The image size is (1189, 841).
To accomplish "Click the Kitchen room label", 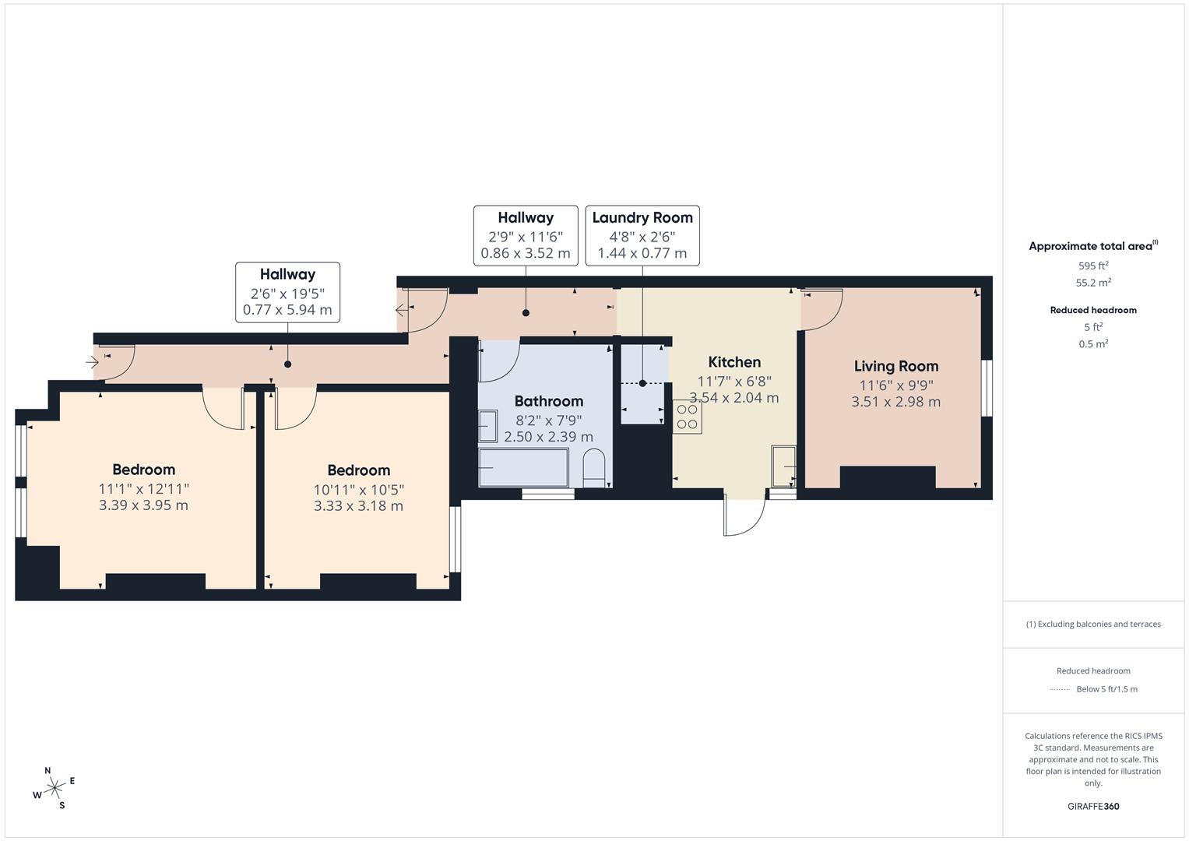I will tap(734, 362).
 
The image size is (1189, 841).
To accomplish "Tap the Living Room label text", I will tap(895, 366).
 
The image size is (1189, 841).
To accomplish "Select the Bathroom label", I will tap(548, 401).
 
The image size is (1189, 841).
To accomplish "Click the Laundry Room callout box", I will tap(642, 235).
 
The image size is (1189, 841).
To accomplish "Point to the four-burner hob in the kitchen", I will tap(687, 417).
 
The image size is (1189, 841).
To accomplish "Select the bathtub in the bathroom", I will tap(523, 467).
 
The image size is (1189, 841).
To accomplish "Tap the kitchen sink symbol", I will tap(783, 466).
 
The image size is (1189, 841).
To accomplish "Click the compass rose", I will tap(55, 789).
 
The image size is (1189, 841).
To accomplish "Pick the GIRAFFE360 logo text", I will tap(1093, 806).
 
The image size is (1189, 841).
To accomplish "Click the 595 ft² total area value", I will tap(1093, 266).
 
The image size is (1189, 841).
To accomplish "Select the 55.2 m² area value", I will tap(1093, 283).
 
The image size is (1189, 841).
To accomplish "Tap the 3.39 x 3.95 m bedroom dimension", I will tap(143, 505).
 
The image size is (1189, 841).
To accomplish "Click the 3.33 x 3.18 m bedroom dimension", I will tap(358, 505).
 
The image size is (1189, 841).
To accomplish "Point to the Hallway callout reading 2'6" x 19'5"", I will tap(287, 292).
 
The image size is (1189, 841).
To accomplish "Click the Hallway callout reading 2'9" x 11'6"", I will tap(526, 235).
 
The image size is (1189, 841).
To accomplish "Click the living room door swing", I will tap(823, 307).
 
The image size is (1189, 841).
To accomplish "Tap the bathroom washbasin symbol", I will tap(487, 426).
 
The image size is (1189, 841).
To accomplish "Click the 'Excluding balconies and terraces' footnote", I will tap(1093, 624).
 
